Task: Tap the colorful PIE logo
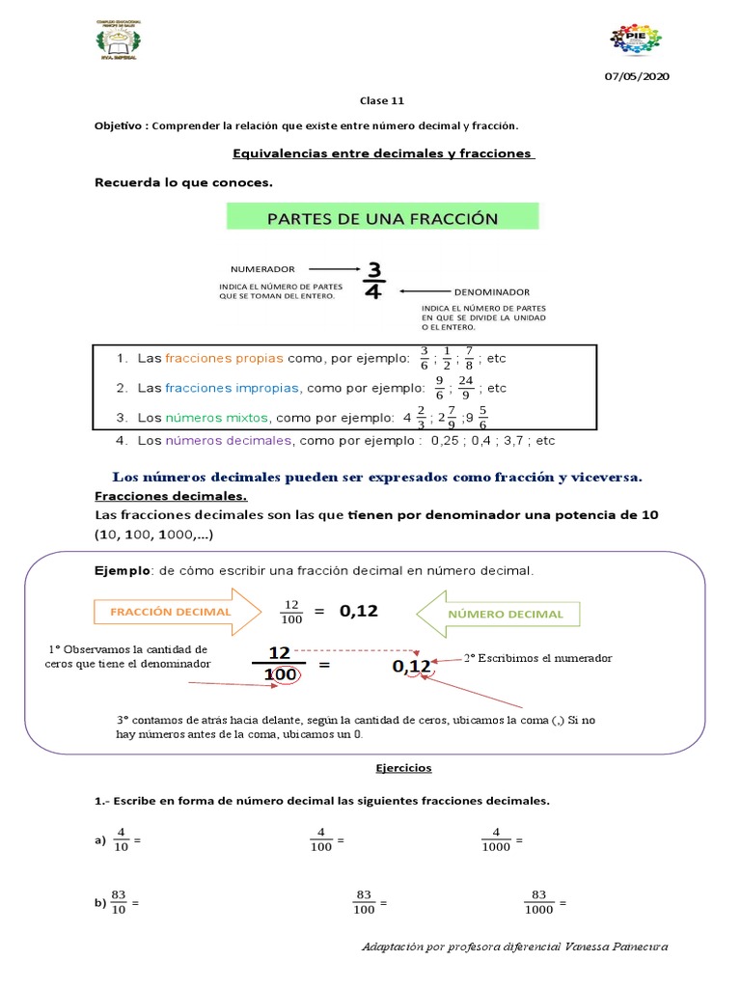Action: coord(635,40)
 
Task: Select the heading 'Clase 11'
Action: coord(375,100)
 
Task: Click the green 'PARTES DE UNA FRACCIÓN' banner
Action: coord(382,217)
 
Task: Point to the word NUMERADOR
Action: coord(262,269)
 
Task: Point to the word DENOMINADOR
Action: coord(491,291)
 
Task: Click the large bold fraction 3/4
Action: coord(373,280)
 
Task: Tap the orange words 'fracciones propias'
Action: coord(224,358)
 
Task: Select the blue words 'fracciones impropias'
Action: coord(233,388)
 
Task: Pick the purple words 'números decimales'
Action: coord(228,441)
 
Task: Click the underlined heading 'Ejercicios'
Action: coord(403,768)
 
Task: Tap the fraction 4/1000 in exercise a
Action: coord(496,839)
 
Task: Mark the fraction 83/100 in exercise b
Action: coord(363,903)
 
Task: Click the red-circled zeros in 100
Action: coord(287,675)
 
